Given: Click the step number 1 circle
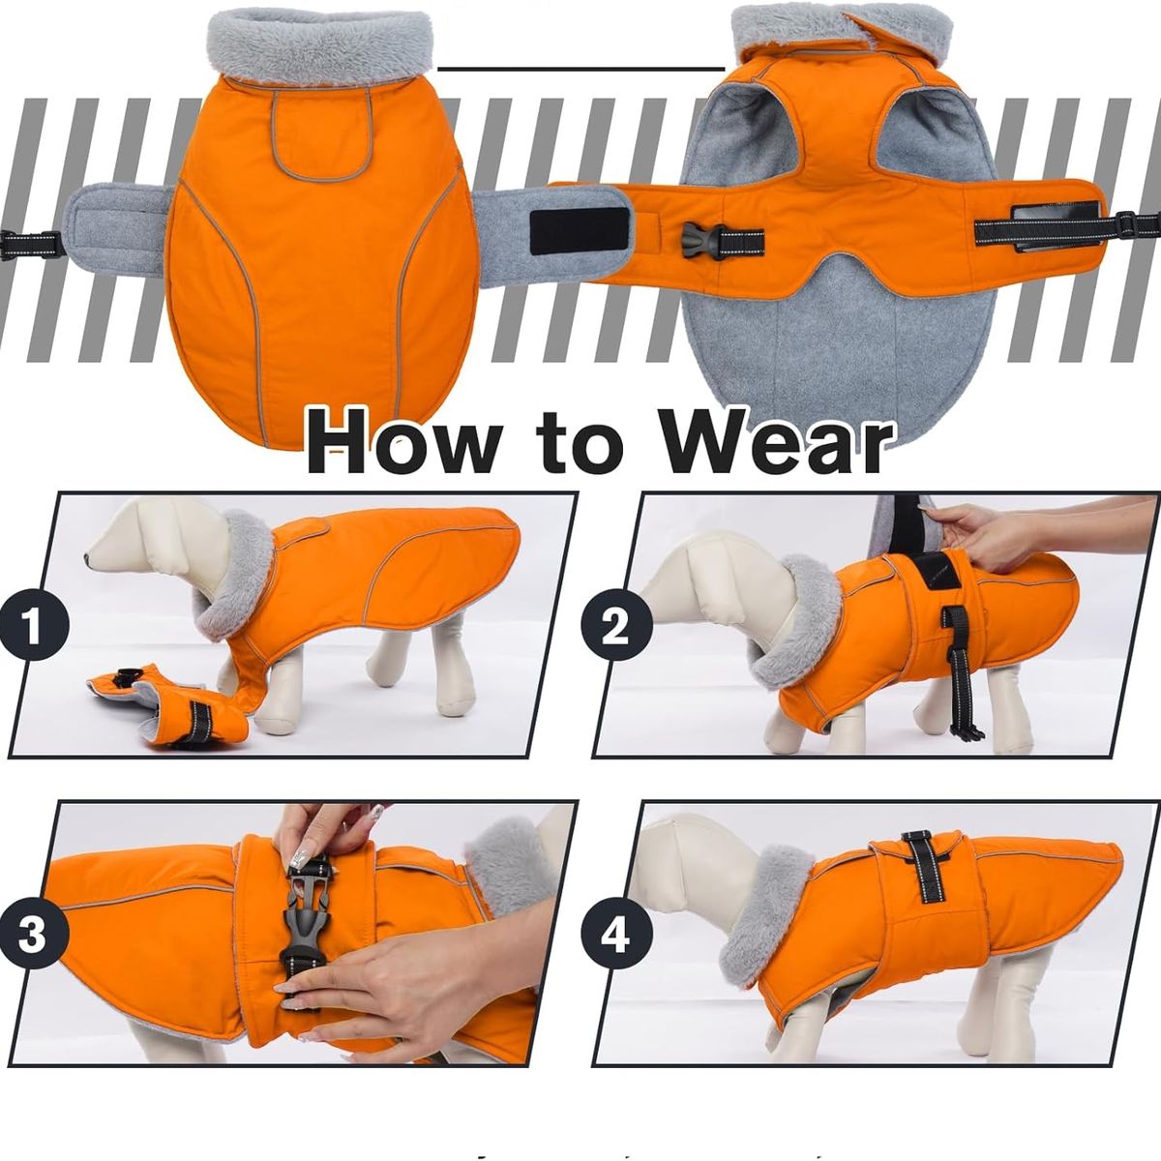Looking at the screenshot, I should [34, 626].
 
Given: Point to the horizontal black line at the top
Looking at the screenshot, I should [580, 69].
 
